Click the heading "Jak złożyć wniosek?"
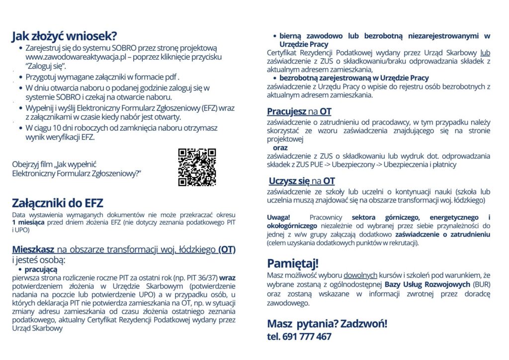64,36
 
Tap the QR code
197,167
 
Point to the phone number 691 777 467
307,337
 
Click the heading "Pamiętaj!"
293,263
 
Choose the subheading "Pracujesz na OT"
299,111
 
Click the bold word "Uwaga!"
278,218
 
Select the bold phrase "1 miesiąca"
29,222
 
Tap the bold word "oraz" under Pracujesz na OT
280,148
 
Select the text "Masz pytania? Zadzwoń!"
327,324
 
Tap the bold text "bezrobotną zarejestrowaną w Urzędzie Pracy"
353,78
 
